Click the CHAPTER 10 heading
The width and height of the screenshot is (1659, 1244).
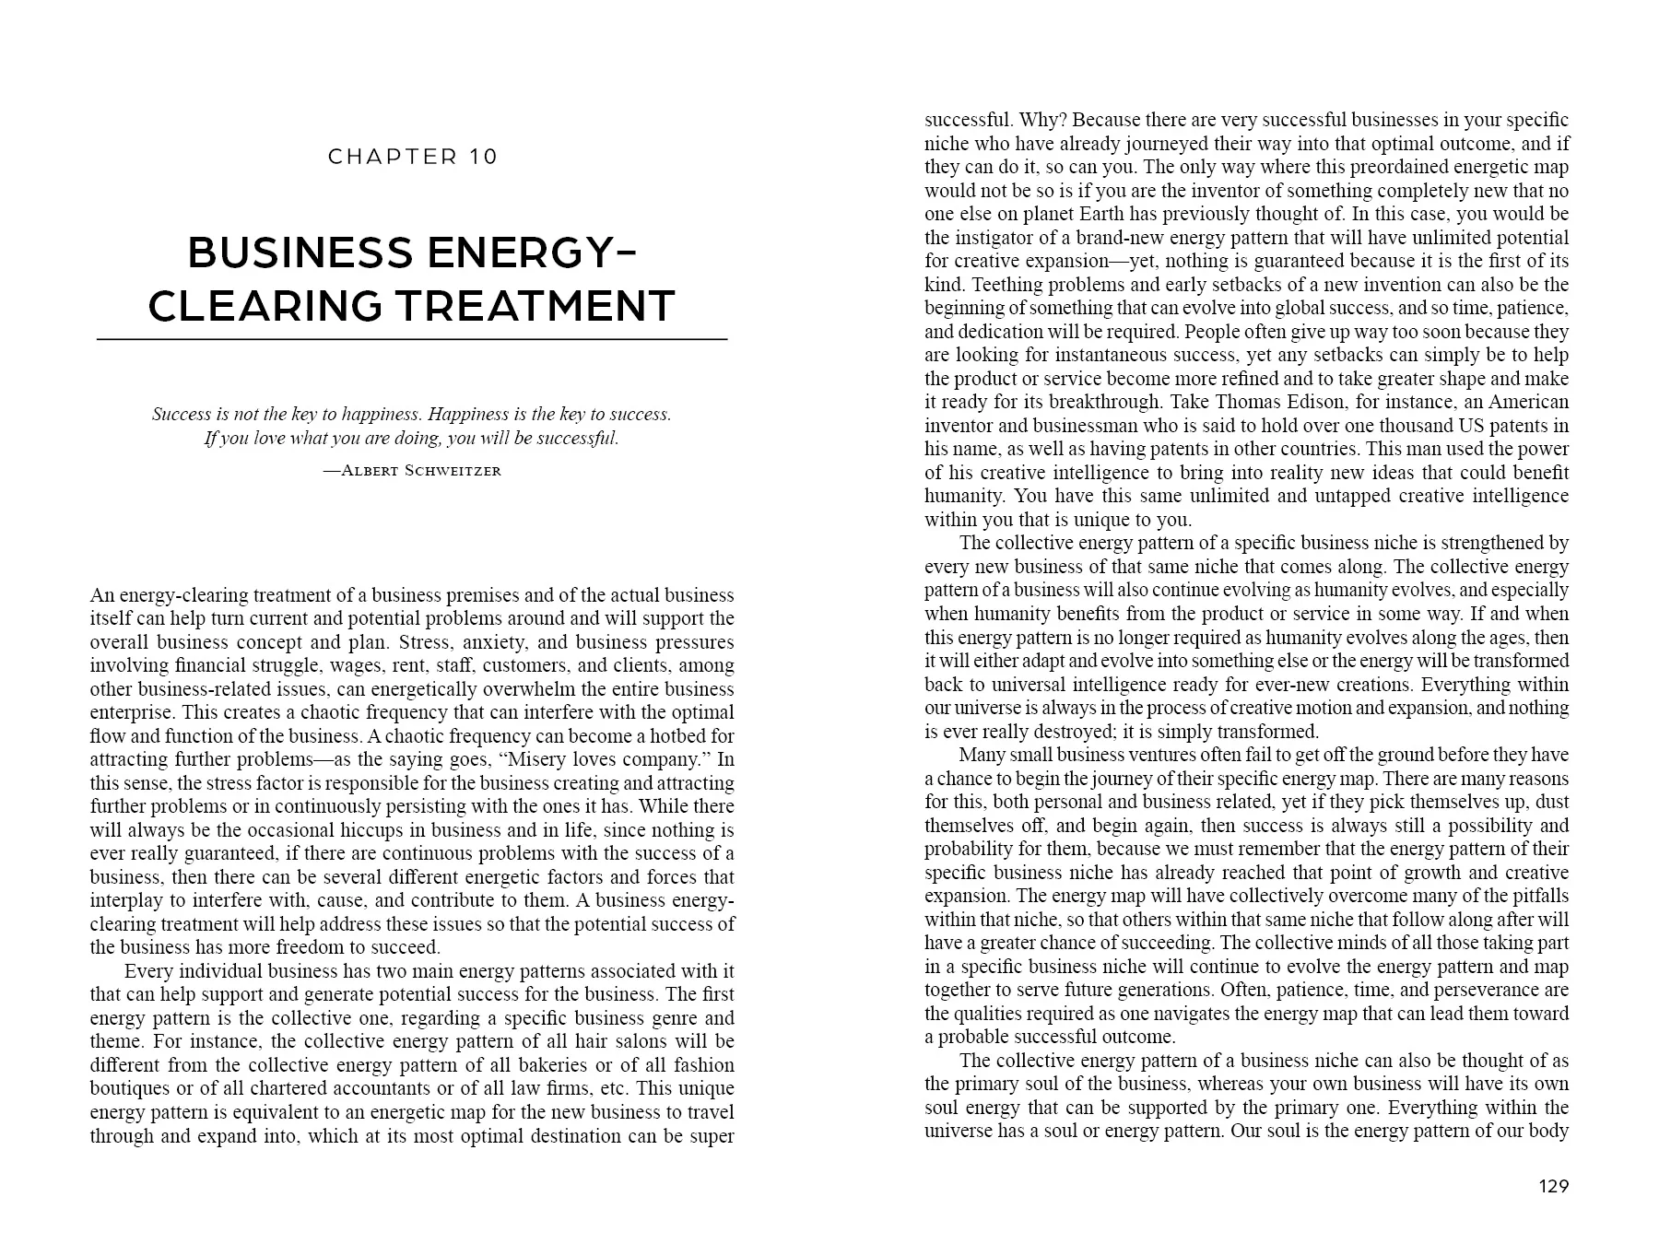click(x=412, y=157)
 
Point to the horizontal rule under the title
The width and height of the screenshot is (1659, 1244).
click(x=412, y=340)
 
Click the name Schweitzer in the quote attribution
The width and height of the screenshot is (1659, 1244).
click(x=453, y=471)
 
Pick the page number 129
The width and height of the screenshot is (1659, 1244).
click(x=1553, y=1187)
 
